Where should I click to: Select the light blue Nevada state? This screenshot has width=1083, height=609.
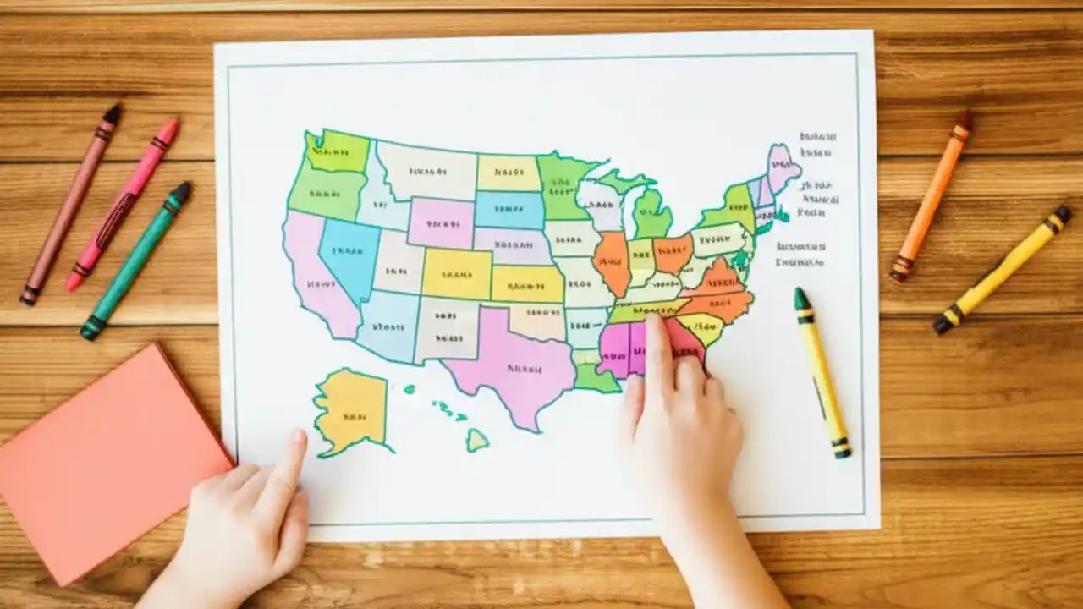click(349, 254)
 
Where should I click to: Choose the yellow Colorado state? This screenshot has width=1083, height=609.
click(457, 273)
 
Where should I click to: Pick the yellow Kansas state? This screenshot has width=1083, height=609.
click(527, 284)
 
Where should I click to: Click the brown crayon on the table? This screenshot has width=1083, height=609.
click(71, 203)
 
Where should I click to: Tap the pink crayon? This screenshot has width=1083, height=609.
click(124, 203)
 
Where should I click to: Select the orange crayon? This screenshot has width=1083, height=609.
click(932, 195)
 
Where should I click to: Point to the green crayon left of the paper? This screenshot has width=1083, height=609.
click(136, 261)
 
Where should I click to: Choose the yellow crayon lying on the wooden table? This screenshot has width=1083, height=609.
click(1003, 268)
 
